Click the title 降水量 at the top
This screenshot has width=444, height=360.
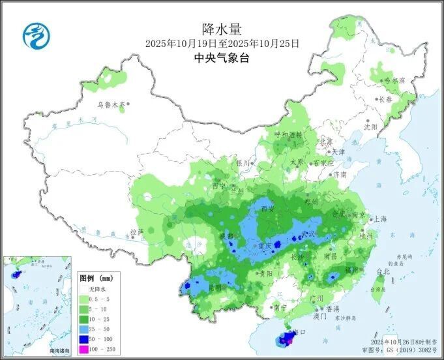(x=222, y=29)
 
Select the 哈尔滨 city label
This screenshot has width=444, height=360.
(x=394, y=80)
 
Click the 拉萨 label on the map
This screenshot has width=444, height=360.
(x=136, y=232)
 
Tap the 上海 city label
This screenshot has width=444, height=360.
(x=381, y=219)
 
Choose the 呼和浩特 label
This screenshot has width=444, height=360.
(x=288, y=135)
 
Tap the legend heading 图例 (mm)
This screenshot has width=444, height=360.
(x=95, y=277)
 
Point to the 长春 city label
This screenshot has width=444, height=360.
(x=385, y=100)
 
